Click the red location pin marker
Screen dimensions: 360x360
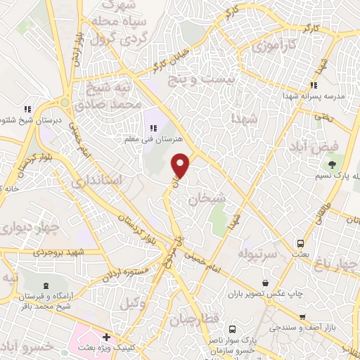tap(181, 165)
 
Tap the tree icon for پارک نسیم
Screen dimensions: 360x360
tap(330, 165)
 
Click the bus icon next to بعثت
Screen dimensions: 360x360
tap(300, 239)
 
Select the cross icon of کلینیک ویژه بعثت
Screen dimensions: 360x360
tap(105, 337)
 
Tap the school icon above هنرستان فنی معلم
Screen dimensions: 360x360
tap(153, 127)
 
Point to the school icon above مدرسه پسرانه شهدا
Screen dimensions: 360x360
tap(314, 86)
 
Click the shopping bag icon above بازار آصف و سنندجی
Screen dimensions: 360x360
tap(302, 317)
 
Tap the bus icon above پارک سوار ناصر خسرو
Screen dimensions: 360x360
tap(233, 328)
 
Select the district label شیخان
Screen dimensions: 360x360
tap(207, 199)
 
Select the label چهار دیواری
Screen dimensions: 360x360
tap(23, 227)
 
